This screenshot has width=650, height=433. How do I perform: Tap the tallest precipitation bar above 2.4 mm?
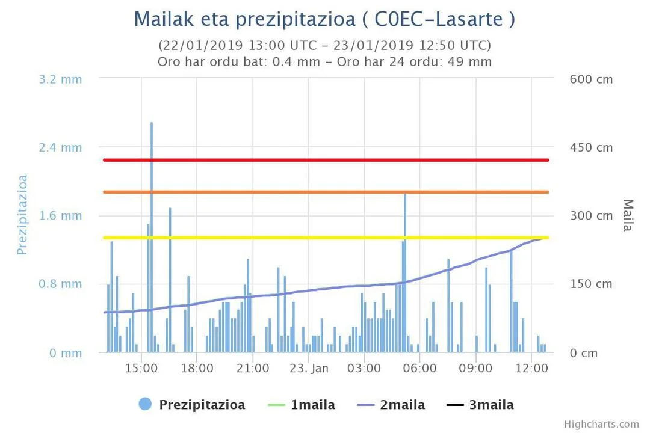(x=152, y=180)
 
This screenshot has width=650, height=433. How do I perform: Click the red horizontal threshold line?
(x=326, y=160)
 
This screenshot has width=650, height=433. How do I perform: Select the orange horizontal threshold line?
(x=326, y=192)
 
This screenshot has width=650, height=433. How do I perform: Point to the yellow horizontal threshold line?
(x=326, y=238)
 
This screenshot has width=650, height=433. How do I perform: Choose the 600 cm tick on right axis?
(x=591, y=79)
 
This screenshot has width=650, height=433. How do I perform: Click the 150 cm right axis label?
(x=591, y=284)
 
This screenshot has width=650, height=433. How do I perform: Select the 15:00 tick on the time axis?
(x=141, y=368)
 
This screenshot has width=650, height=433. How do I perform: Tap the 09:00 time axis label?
(x=476, y=368)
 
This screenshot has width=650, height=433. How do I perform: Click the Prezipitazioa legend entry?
(x=202, y=405)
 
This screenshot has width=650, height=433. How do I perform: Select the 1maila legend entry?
(x=312, y=405)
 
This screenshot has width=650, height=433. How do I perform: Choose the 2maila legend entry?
(x=402, y=405)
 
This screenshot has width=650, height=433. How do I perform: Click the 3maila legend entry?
(x=491, y=405)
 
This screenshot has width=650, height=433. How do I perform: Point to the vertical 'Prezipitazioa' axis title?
(x=23, y=215)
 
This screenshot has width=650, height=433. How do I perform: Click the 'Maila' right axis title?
(x=628, y=215)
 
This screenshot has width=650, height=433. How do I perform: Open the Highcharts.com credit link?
(x=601, y=425)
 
